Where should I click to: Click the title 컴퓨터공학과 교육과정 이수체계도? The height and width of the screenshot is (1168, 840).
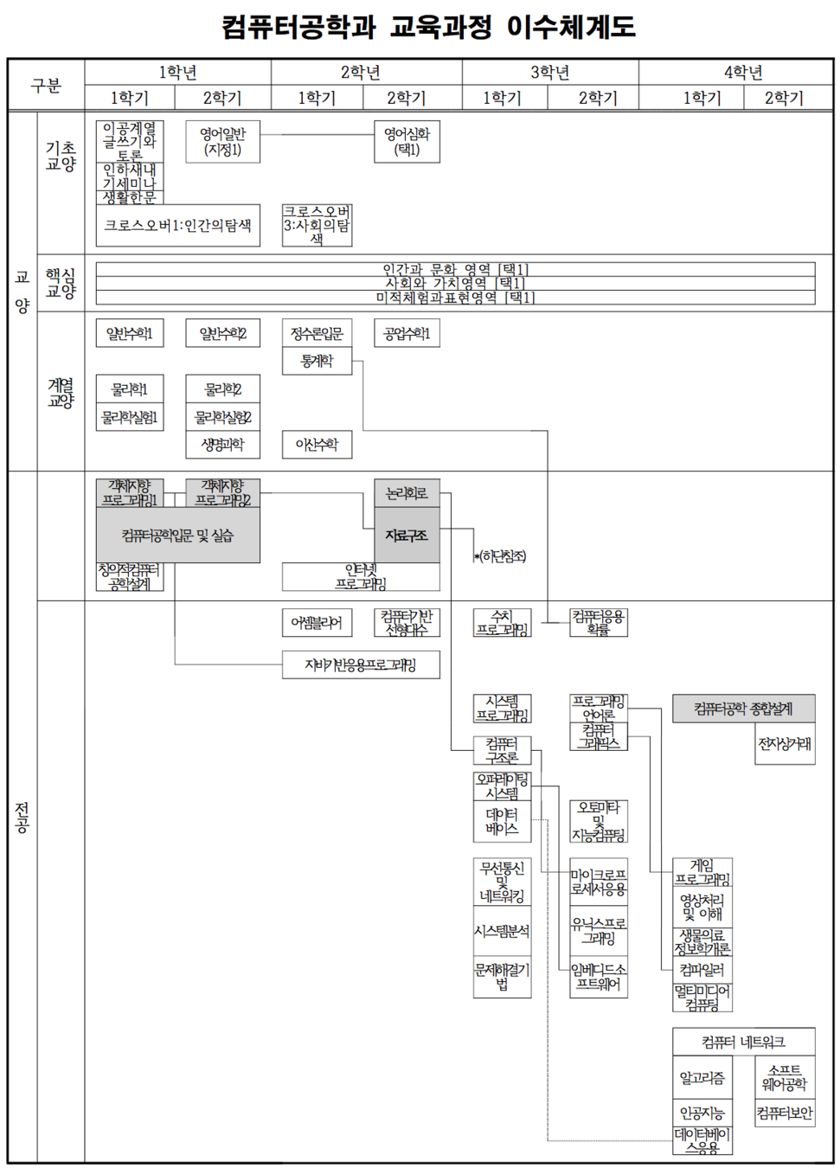click(428, 27)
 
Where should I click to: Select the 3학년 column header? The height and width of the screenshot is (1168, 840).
click(550, 72)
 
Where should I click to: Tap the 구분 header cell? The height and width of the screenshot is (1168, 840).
click(46, 85)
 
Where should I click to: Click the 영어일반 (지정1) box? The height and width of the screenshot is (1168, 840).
click(222, 142)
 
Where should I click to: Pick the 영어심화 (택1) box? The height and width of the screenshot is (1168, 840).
click(407, 142)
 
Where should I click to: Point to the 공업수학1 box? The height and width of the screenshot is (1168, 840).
click(407, 333)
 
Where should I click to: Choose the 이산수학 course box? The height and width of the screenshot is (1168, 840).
click(317, 445)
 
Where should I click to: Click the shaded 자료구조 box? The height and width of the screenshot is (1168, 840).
click(407, 536)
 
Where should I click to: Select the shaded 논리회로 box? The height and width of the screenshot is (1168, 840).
click(407, 493)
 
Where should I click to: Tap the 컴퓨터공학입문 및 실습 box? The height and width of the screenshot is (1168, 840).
click(177, 536)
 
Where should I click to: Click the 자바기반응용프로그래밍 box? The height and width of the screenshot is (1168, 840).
click(361, 664)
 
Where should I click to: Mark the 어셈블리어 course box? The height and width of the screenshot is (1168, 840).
click(317, 622)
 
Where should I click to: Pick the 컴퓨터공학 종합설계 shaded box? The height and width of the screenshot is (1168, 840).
click(743, 709)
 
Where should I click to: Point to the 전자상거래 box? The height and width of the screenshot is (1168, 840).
click(785, 744)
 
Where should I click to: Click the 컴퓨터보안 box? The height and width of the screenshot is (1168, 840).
click(785, 1113)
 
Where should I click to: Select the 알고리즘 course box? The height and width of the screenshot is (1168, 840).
click(702, 1078)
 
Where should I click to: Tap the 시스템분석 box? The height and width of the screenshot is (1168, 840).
click(502, 931)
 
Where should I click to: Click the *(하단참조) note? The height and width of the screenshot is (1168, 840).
click(501, 556)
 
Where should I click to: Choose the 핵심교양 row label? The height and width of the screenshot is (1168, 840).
click(61, 283)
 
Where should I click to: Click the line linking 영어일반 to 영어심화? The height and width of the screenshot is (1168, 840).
click(317, 134)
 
